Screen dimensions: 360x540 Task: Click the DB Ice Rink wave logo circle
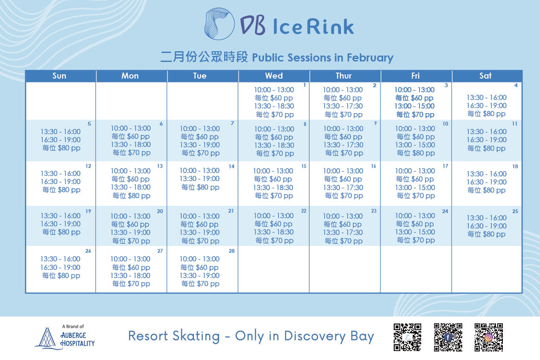point(219,24)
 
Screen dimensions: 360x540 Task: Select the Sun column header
point(59,76)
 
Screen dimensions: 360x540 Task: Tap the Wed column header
point(274,76)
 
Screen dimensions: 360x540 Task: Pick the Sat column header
point(485,76)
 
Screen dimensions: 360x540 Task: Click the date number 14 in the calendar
point(231,166)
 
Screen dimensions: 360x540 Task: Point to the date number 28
point(232,251)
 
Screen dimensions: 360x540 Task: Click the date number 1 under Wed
point(305,85)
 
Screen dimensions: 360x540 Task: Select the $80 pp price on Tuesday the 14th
point(200,187)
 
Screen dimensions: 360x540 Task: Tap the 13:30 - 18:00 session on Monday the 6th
point(131,144)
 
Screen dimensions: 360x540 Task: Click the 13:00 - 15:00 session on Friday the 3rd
point(414,106)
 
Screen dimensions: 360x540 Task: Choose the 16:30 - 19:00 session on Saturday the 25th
point(487,226)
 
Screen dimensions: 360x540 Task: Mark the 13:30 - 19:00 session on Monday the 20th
point(131,232)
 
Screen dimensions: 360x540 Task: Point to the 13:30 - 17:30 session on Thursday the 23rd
point(343,232)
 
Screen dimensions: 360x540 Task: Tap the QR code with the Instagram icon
point(489,337)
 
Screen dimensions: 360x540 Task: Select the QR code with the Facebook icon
point(448,337)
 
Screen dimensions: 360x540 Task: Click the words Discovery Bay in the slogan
point(329,336)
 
